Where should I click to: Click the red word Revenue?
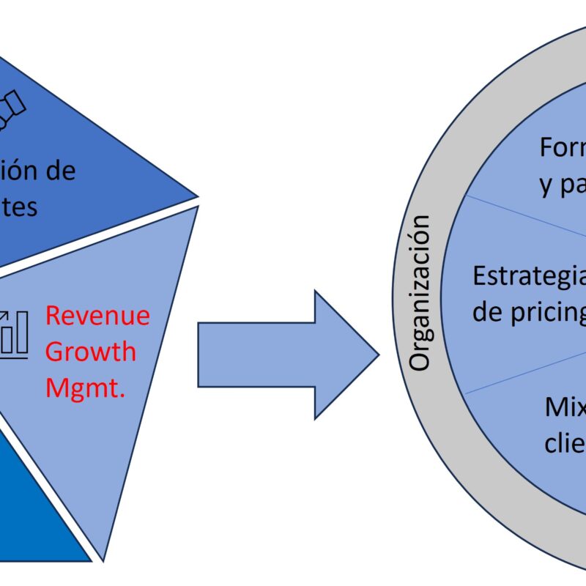[x=97, y=316]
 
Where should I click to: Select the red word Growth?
[x=91, y=352]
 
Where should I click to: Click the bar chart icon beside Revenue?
[x=15, y=334]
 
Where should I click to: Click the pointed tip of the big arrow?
[x=378, y=355]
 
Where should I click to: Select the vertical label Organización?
[x=420, y=293]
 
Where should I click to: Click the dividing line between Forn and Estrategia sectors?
[x=524, y=216]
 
